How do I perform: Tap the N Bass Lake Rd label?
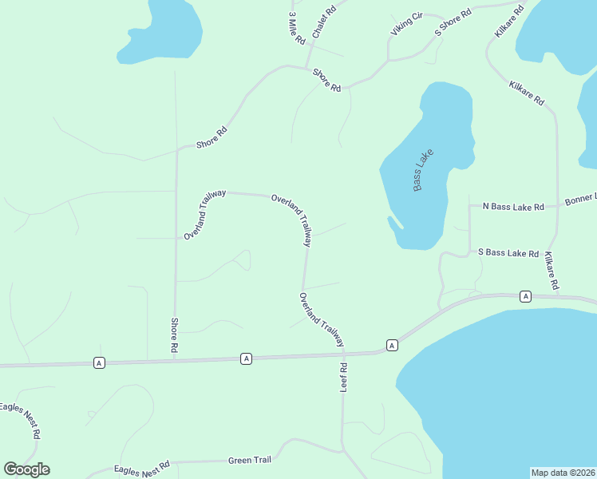(513, 206)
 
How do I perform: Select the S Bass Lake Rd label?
(508, 252)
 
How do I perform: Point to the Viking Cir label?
(406, 24)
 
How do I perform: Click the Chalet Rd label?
(324, 21)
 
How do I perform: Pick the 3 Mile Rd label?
(297, 28)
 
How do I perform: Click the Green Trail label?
(250, 460)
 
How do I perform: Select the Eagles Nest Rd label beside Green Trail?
(142, 469)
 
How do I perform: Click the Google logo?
(26, 469)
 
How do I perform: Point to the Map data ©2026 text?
(563, 472)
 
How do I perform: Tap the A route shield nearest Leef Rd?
(392, 345)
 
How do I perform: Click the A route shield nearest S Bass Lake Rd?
(525, 296)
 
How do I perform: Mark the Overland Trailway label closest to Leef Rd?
(322, 319)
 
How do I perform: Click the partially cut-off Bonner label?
(580, 200)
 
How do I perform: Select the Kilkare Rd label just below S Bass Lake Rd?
(552, 271)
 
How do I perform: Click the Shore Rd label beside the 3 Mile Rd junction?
(326, 79)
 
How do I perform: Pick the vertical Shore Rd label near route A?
(174, 335)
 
